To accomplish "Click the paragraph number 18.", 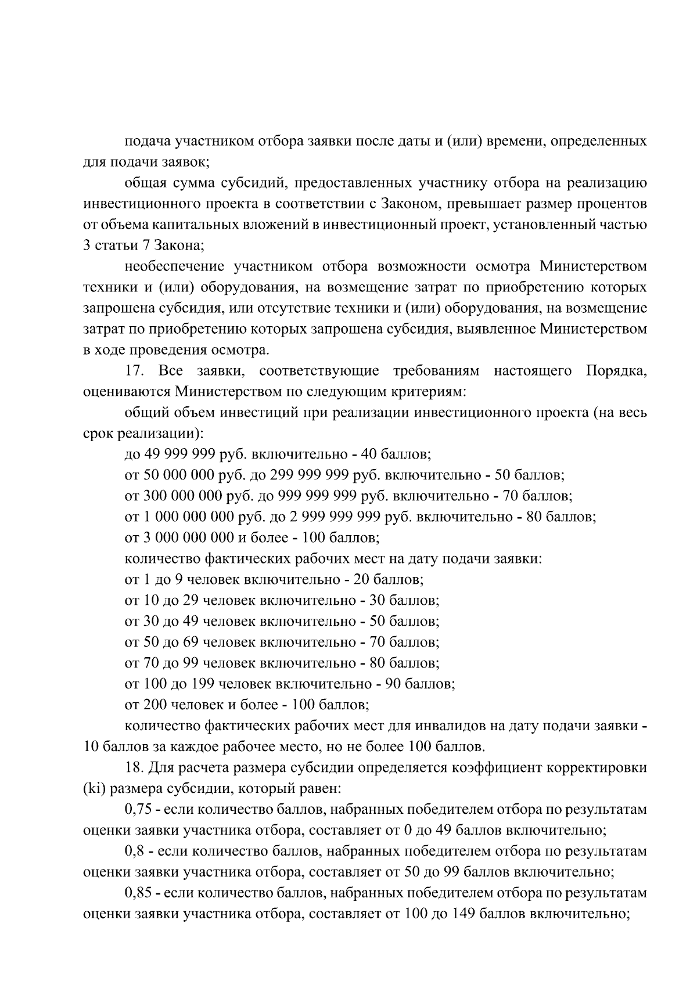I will pos(135,768).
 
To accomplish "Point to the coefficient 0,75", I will pos(138,810).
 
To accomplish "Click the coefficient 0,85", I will pos(138,893).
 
